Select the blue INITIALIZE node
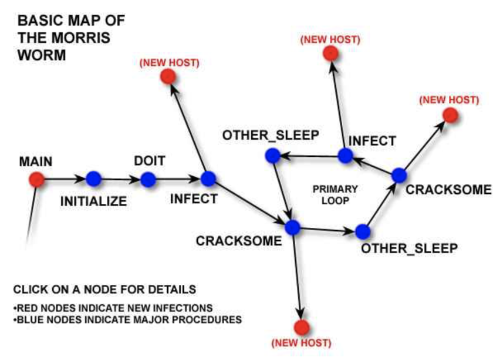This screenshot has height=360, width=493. pyautogui.click(x=93, y=179)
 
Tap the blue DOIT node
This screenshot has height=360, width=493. pyautogui.click(x=147, y=179)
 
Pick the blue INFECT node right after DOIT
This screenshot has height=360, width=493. pyautogui.click(x=208, y=178)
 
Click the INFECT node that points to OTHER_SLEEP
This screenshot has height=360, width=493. pyautogui.click(x=346, y=156)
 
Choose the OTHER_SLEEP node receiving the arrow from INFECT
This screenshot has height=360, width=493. pyautogui.click(x=272, y=156)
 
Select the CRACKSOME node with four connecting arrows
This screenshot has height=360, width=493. pyautogui.click(x=292, y=226)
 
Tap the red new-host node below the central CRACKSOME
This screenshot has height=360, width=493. pyautogui.click(x=302, y=327)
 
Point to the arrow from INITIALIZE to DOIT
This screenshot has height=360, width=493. pyautogui.click(x=120, y=179)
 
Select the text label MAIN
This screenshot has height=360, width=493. pyautogui.click(x=35, y=161)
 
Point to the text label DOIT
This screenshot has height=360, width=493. pyautogui.click(x=149, y=161)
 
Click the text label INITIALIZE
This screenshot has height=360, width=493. pyautogui.click(x=94, y=201)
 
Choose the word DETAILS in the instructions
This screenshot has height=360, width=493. pyautogui.click(x=173, y=290)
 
